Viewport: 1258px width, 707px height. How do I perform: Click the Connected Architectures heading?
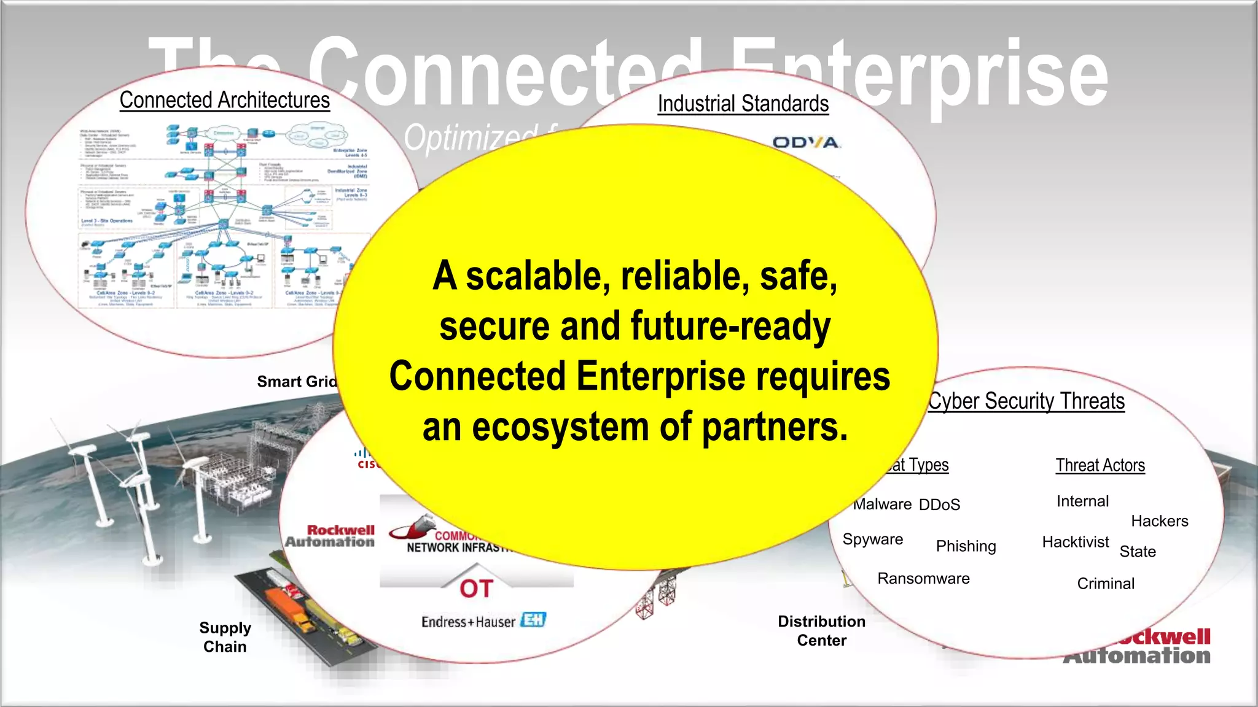pos(225,100)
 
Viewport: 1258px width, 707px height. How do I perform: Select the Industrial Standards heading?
pos(743,104)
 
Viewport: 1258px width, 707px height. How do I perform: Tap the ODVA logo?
pos(806,143)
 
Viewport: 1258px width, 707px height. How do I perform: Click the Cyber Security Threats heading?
pos(1026,401)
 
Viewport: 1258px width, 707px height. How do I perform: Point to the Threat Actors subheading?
pos(1100,465)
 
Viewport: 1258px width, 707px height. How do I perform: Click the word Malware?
pos(883,504)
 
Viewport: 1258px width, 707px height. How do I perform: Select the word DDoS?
pos(939,505)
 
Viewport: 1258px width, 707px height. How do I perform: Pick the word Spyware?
pos(873,539)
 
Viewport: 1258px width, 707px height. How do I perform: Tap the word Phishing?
pos(966,546)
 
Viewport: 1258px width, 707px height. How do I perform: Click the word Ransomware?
pos(923,579)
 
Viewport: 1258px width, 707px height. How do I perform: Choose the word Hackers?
pos(1160,521)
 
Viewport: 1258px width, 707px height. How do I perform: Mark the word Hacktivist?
pos(1076,542)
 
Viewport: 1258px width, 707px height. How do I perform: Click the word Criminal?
pos(1106,584)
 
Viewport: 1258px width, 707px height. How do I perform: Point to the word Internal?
pos(1082,501)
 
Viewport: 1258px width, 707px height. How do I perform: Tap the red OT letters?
pos(476,589)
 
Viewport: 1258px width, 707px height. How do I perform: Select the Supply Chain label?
pos(225,637)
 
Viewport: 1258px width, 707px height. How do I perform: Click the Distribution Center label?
pos(821,631)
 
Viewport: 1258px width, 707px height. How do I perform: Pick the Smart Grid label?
pos(297,382)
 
